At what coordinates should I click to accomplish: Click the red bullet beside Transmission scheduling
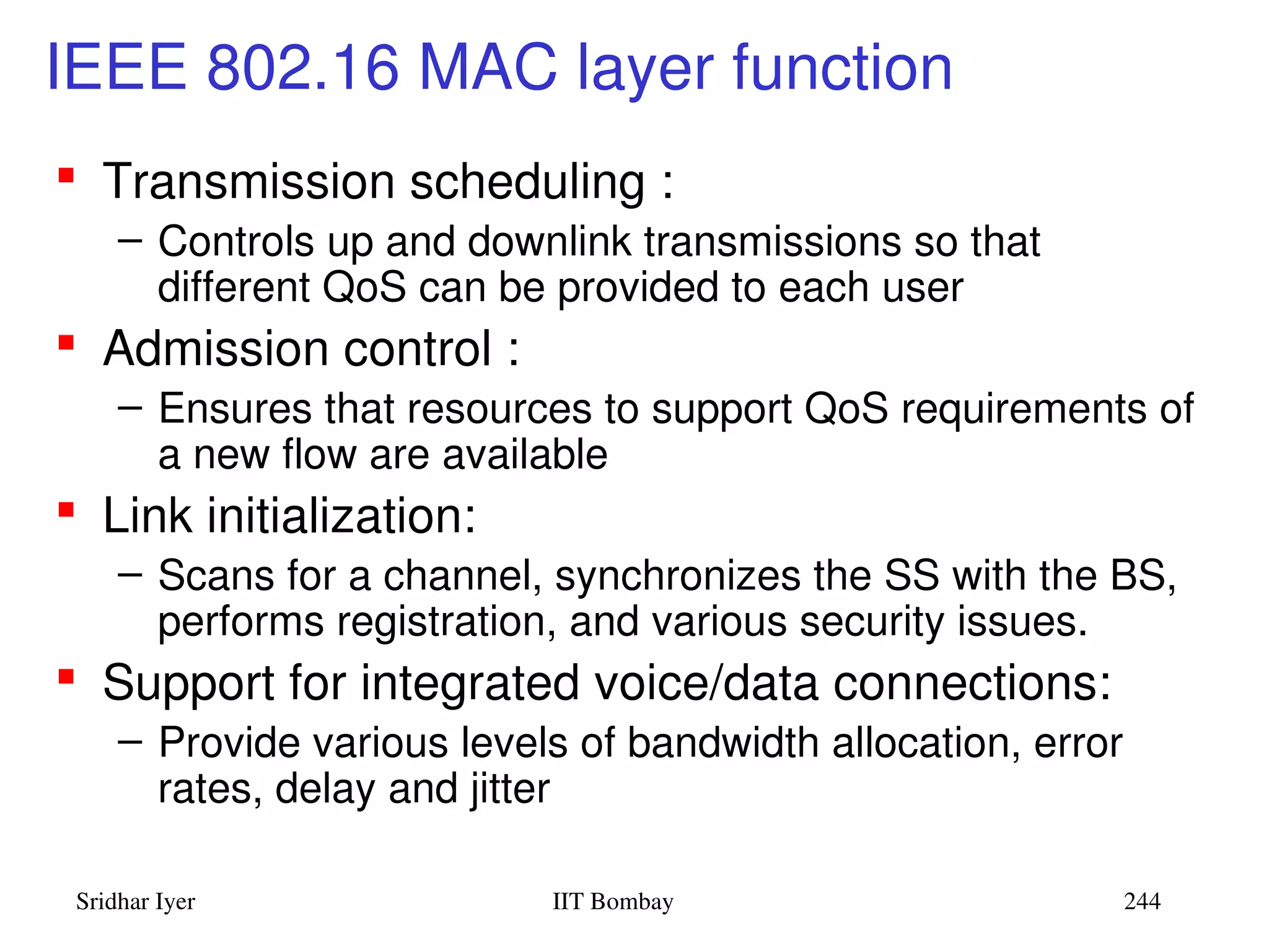tap(66, 175)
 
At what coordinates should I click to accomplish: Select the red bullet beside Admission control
tap(66, 343)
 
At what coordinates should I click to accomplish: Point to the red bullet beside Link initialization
tap(66, 509)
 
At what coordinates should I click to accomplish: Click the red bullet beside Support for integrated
tap(66, 676)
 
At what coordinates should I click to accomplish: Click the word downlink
tap(549, 241)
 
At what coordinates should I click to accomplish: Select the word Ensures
tap(235, 408)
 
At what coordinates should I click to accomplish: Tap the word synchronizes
tap(677, 576)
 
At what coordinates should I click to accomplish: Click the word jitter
tap(509, 789)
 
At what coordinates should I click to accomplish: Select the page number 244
tap(1141, 901)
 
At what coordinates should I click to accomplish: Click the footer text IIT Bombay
tap(612, 901)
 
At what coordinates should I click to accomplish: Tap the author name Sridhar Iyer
tap(135, 902)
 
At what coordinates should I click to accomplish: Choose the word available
tap(525, 454)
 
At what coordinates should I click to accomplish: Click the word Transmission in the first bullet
tap(248, 182)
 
